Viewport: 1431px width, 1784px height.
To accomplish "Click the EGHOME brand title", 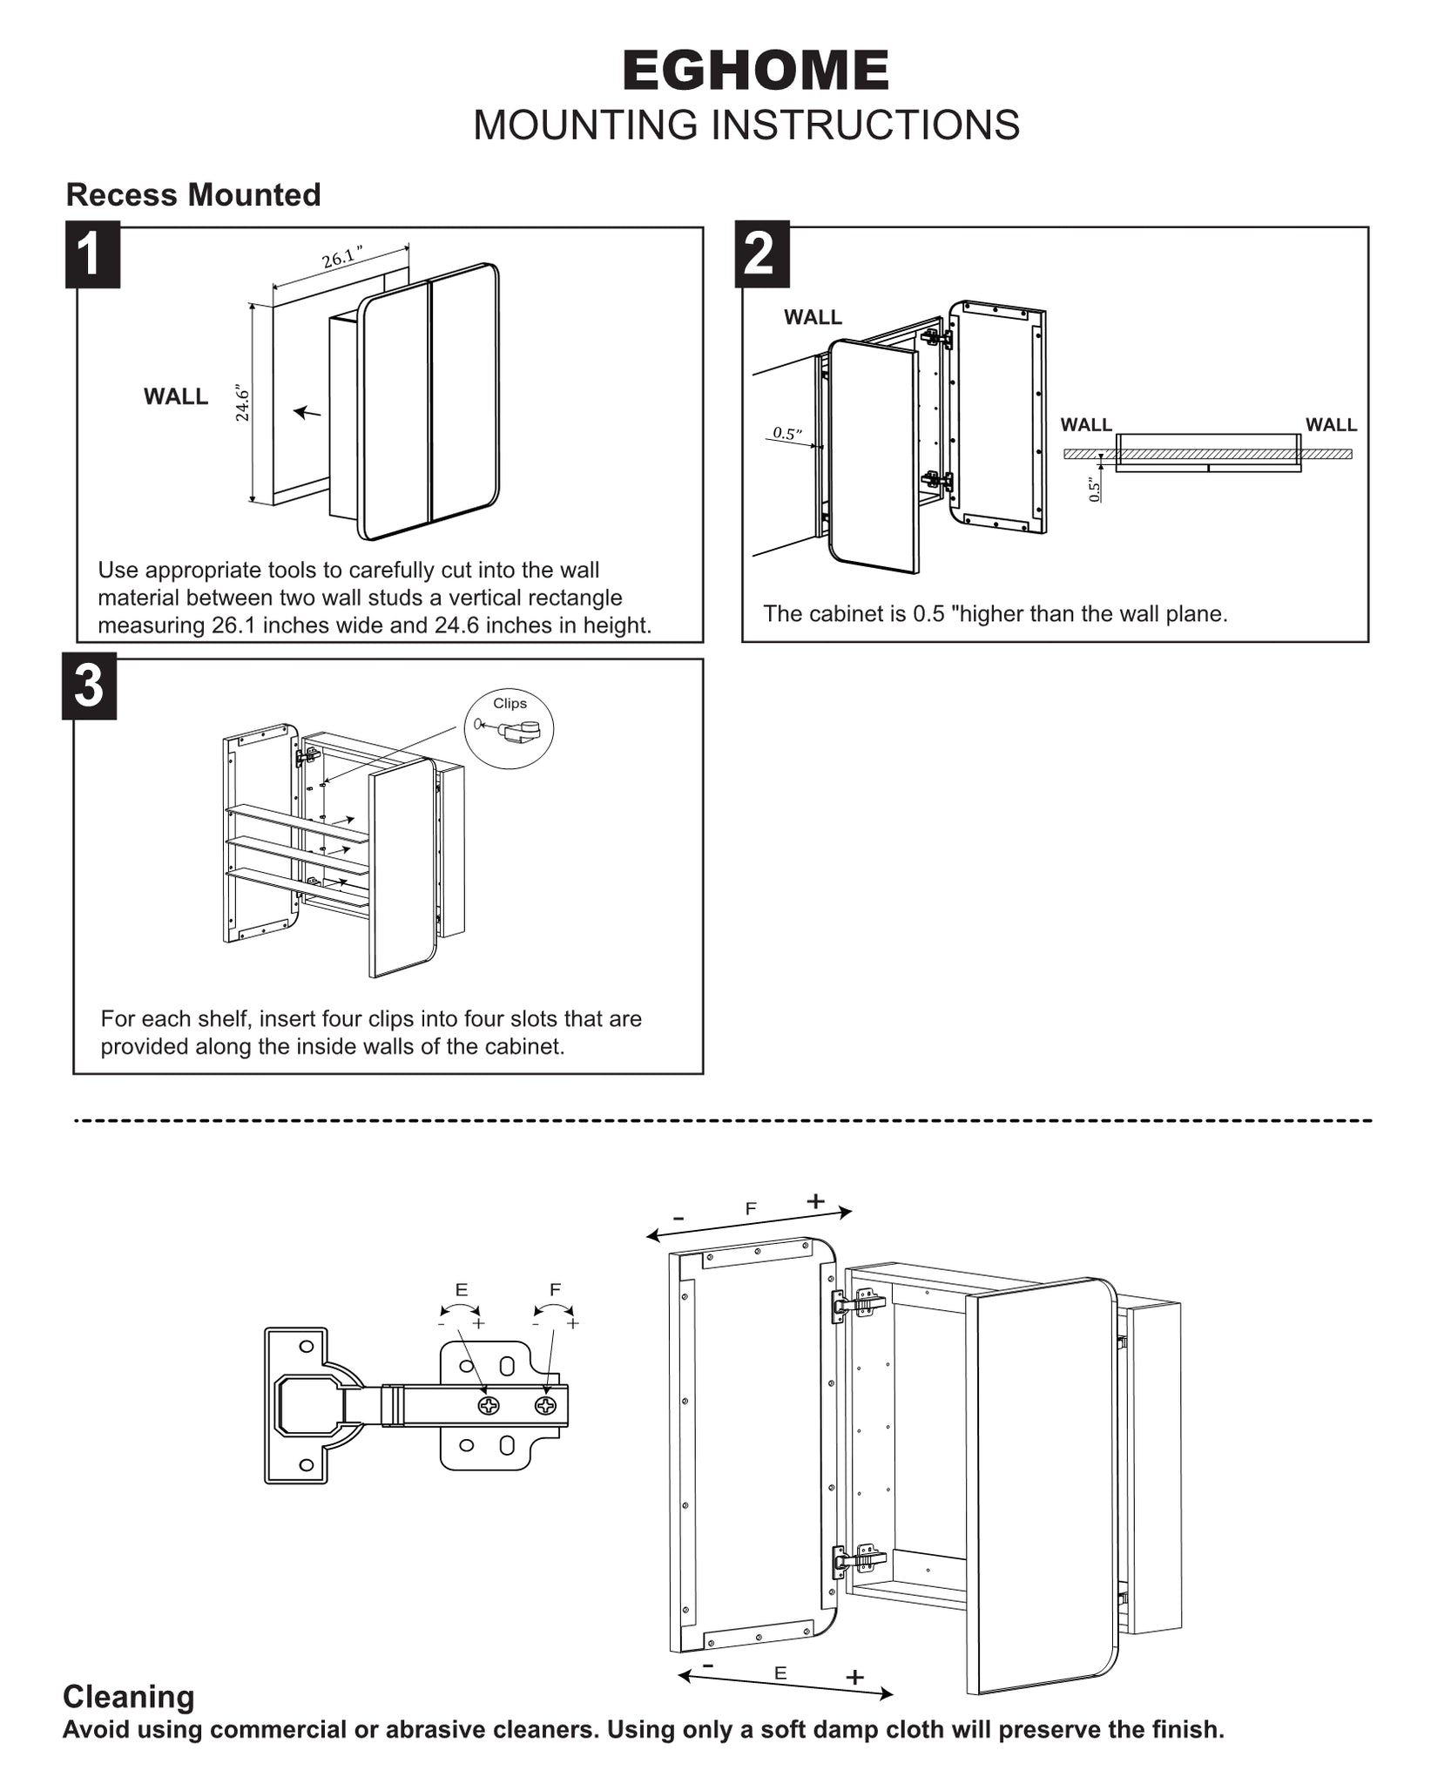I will point(755,71).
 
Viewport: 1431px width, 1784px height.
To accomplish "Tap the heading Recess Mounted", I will point(193,195).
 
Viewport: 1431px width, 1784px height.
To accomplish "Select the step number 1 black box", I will point(92,254).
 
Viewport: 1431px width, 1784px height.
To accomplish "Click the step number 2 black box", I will point(761,254).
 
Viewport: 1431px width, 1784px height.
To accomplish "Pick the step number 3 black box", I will point(89,686).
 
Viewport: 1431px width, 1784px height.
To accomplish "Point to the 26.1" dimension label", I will point(341,259).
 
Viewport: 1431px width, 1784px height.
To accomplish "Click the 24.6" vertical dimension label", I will point(243,403).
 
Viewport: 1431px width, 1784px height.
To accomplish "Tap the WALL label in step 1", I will point(176,397).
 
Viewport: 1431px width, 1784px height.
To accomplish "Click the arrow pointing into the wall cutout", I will point(307,412).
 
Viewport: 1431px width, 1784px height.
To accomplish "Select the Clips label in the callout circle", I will point(510,704).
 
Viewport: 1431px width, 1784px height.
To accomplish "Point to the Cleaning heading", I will point(129,1697).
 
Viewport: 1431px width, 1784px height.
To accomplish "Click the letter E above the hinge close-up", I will point(461,1290).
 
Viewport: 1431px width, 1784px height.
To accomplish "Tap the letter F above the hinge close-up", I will point(555,1290).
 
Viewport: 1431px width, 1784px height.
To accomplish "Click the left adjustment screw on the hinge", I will point(489,1405).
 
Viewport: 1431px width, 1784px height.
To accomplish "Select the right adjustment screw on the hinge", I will point(545,1405).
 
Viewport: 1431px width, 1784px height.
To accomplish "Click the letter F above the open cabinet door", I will point(751,1209).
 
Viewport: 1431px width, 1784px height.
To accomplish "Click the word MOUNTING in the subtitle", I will point(587,125).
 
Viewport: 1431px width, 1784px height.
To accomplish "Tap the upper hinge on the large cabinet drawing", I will point(858,1304).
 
